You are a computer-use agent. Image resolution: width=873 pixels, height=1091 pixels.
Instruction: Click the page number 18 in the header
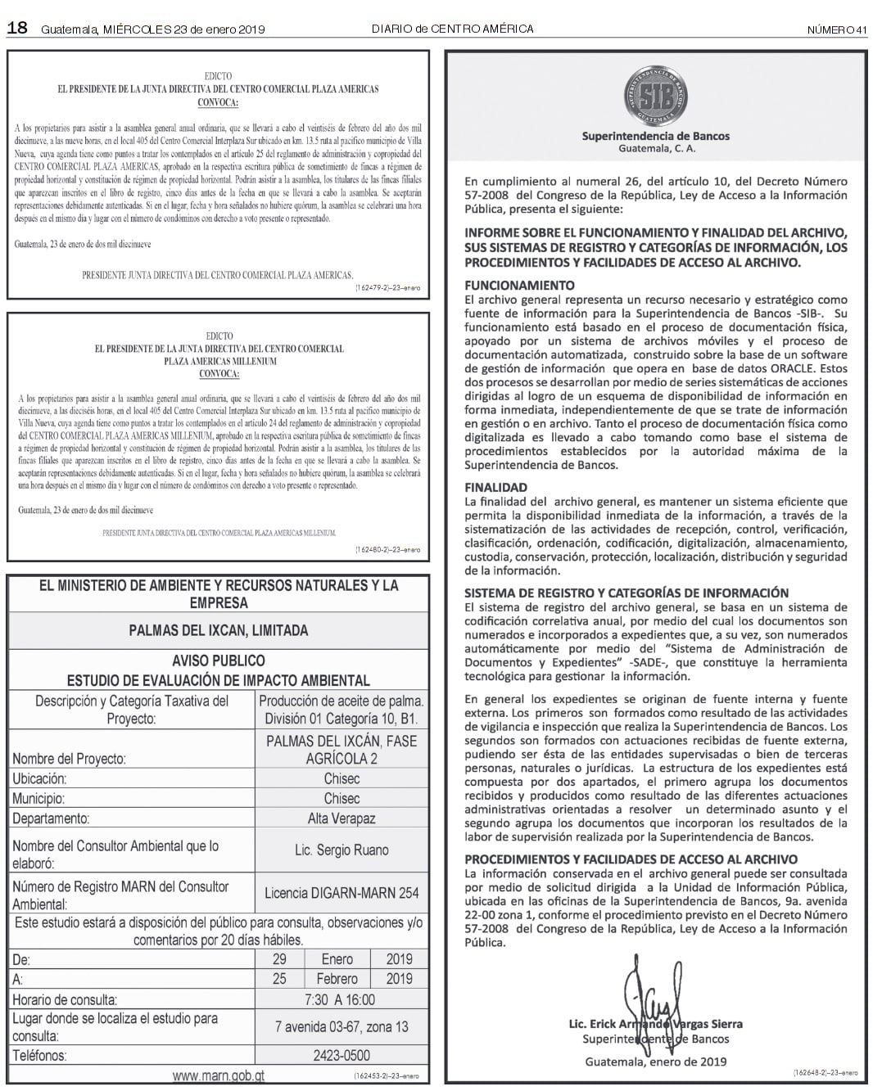[17, 29]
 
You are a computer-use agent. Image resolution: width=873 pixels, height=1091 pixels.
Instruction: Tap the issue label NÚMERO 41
[836, 29]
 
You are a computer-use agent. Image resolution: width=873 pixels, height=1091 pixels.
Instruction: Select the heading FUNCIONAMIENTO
[519, 286]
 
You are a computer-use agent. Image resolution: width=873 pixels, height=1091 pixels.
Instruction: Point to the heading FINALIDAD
[495, 487]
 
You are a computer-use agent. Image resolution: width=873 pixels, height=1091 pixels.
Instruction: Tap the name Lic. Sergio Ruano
[342, 850]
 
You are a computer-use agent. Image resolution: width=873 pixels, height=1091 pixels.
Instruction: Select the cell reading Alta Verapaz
[342, 818]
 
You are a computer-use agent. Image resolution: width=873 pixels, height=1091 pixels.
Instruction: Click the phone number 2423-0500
[342, 1055]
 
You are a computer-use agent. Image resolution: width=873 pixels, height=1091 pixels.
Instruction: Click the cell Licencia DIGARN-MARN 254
[342, 893]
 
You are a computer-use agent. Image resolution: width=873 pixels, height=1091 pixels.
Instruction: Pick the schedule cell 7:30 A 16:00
[342, 999]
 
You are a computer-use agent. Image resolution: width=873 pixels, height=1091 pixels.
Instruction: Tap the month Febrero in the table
[337, 979]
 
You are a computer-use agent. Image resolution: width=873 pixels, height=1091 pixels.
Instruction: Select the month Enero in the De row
[337, 959]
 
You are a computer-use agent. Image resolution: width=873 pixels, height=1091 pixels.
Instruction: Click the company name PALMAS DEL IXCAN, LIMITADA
[218, 630]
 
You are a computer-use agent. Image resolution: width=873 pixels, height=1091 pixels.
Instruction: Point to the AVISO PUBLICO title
[218, 660]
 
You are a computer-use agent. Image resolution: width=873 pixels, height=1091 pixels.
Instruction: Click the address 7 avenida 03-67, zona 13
[342, 1026]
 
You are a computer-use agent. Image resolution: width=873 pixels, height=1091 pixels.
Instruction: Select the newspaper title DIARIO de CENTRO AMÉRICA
[452, 29]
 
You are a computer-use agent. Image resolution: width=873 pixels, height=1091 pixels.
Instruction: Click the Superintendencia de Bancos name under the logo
[655, 136]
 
